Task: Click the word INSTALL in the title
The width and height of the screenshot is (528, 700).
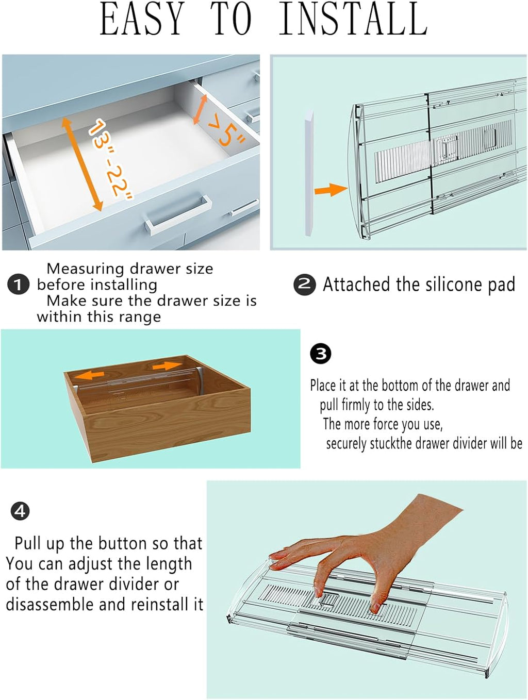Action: click(353, 20)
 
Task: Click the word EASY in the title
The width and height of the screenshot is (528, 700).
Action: click(142, 20)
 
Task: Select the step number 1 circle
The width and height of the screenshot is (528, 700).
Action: click(18, 285)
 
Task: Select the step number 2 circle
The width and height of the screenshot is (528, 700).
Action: click(304, 284)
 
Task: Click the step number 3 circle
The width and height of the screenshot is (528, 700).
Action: click(321, 354)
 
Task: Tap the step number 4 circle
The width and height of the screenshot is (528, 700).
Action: click(20, 511)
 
